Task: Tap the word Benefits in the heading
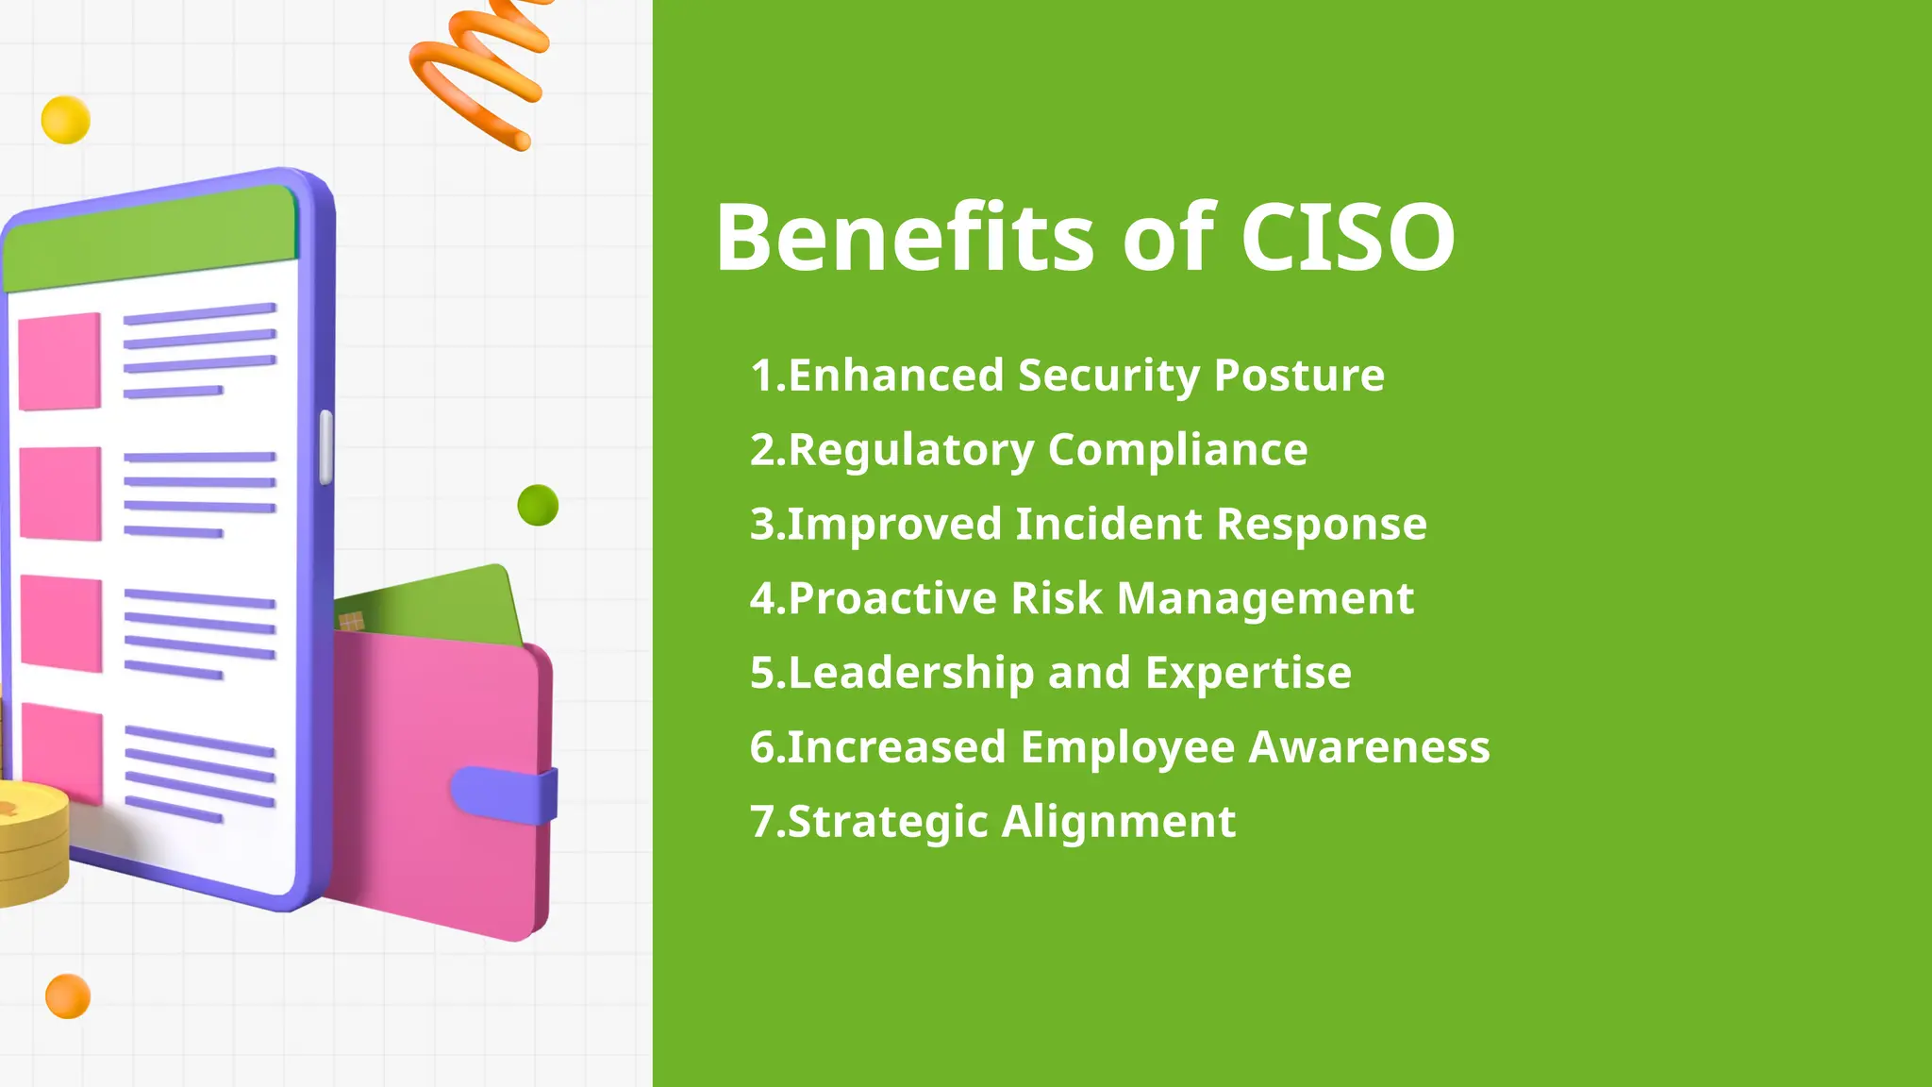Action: coord(904,238)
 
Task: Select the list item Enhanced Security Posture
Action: coord(1067,376)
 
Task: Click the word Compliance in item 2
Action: coord(1177,450)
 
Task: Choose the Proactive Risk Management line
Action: coord(1081,599)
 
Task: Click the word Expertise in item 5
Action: coord(1247,674)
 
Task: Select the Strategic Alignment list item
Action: coord(992,822)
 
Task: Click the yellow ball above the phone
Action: coord(66,120)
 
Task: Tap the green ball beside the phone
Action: coord(538,505)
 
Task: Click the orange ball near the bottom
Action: coord(68,996)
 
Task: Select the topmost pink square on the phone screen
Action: coord(59,361)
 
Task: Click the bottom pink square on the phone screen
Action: coord(62,753)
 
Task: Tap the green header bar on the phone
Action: coord(151,238)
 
